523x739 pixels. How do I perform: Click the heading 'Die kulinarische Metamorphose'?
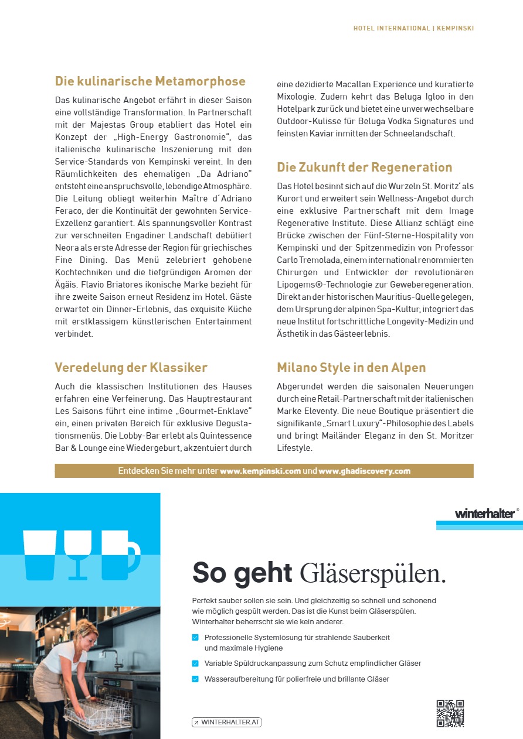150,81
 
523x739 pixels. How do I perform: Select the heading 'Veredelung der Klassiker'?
131,368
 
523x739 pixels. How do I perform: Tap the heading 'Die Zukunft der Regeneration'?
365,167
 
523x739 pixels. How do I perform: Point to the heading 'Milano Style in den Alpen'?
351,368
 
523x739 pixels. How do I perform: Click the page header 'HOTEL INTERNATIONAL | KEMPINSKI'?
413,28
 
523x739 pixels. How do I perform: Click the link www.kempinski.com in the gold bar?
260,471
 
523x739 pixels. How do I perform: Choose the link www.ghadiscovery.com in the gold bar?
364,471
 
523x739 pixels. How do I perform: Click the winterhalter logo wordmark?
485,514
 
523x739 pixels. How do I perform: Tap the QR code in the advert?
450,713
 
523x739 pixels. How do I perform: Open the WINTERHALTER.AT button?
226,722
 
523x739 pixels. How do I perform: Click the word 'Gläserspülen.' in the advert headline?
373,573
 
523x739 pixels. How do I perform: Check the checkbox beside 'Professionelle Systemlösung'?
195,637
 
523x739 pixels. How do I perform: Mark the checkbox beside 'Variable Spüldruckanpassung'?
195,663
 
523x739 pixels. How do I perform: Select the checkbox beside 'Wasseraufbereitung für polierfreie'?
195,679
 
